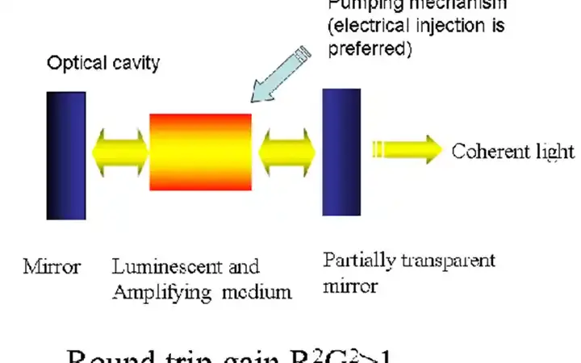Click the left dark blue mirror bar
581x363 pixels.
coord(66,155)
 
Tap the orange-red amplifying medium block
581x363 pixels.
coord(201,151)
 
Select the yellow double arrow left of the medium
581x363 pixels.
coord(120,152)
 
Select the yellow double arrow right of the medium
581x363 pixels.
coord(287,152)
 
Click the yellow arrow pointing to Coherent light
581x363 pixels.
coord(408,150)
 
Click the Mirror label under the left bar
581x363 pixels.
coord(52,267)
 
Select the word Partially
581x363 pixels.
coord(356,261)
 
